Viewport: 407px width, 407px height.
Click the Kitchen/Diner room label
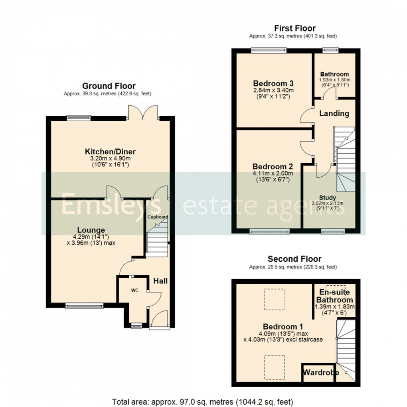click(110, 152)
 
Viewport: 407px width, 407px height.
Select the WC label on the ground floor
click(134, 290)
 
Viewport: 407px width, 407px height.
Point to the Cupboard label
click(158, 217)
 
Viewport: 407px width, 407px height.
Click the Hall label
click(161, 281)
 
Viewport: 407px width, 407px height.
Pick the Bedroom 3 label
click(273, 83)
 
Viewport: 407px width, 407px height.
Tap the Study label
click(327, 198)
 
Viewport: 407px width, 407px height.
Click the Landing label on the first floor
click(334, 113)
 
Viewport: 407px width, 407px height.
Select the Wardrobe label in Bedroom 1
click(321, 373)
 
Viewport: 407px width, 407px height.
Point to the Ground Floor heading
click(109, 86)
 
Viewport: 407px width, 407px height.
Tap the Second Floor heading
click(294, 259)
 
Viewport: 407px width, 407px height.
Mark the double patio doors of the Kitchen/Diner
click(143, 112)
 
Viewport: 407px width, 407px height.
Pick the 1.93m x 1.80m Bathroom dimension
click(334, 80)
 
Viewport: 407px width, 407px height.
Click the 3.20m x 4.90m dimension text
click(110, 158)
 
